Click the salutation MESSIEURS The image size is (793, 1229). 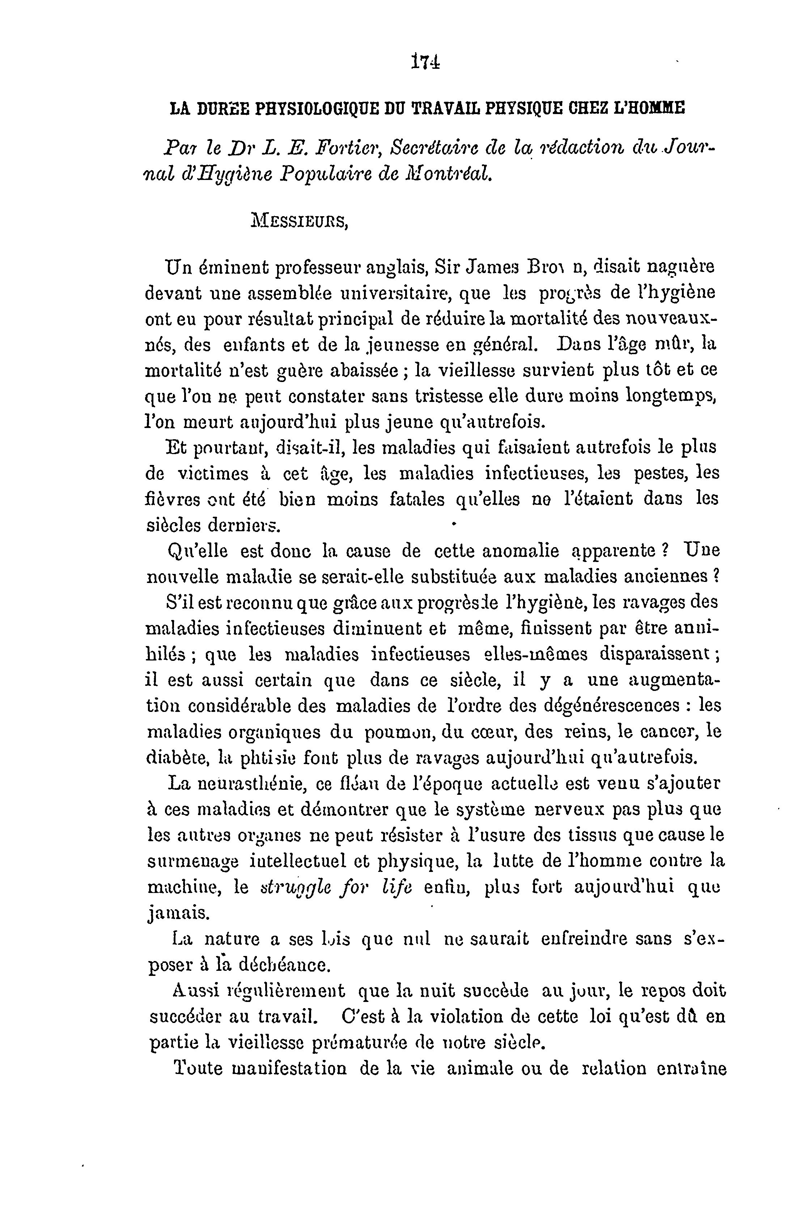click(x=299, y=222)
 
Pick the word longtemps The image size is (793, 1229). click(x=671, y=397)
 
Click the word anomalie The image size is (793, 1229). click(x=521, y=552)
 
